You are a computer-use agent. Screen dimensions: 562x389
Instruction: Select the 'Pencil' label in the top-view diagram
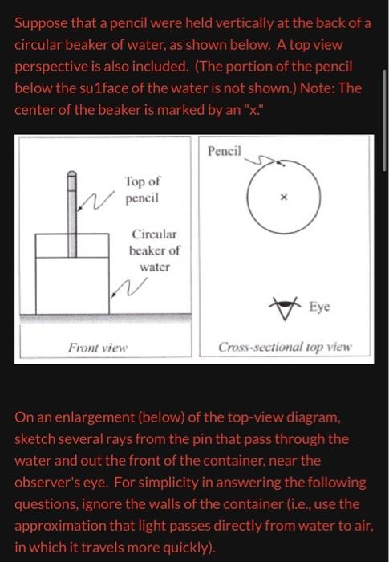pos(224,152)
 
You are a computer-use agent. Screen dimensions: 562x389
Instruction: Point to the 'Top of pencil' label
pos(142,189)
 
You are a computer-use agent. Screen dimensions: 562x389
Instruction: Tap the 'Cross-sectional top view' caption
pos(285,348)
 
